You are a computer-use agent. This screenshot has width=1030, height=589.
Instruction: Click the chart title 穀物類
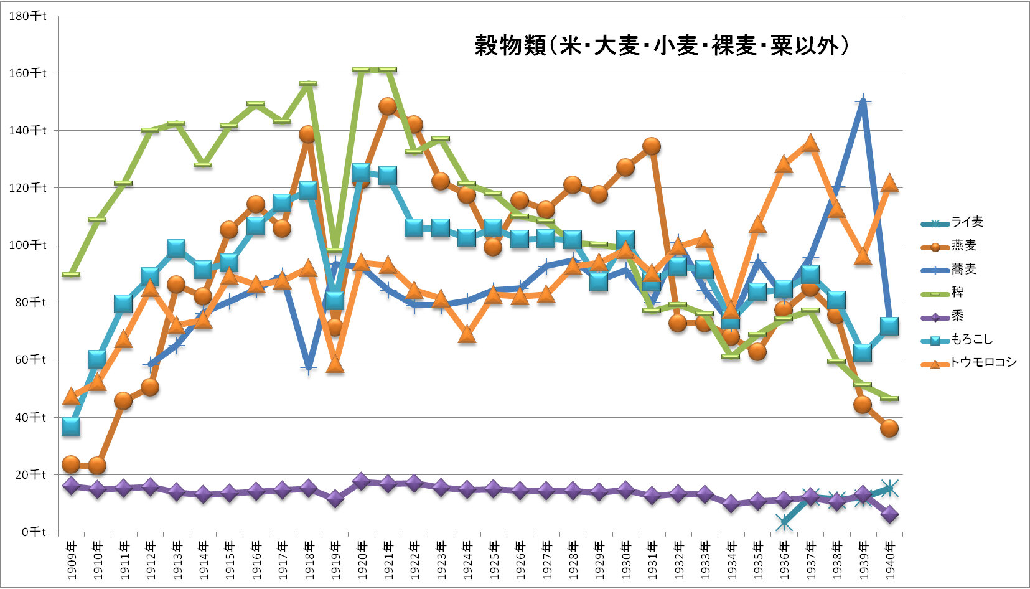tap(661, 45)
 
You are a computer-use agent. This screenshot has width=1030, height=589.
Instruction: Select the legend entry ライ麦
tap(967, 222)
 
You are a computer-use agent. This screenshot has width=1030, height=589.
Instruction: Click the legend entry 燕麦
tap(963, 245)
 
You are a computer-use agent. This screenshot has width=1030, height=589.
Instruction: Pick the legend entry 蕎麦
tap(963, 269)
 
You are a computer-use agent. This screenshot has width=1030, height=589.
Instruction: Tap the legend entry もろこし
tap(971, 339)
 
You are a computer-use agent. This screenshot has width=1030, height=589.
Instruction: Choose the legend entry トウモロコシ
tap(983, 362)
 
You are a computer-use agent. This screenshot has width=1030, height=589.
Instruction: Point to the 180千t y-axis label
tap(28, 16)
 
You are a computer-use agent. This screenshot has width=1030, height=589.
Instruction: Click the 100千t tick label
tap(28, 245)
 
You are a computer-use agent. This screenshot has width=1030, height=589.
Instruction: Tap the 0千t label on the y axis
tap(34, 531)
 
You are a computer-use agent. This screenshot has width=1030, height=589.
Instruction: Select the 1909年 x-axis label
tap(71, 560)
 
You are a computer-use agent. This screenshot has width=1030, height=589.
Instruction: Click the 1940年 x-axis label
tap(889, 560)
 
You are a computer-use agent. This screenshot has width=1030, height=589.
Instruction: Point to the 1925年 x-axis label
tap(493, 560)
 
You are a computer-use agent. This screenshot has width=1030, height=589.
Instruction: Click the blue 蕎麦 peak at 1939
tap(863, 101)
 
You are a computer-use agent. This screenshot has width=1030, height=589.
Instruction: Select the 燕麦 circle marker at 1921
tap(388, 106)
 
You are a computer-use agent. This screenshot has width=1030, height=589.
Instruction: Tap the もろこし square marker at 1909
tap(71, 426)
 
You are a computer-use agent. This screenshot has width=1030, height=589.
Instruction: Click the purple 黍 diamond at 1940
tap(889, 514)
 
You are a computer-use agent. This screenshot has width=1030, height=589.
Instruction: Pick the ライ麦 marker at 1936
tap(784, 523)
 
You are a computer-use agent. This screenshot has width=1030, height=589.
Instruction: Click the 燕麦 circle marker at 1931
tap(652, 146)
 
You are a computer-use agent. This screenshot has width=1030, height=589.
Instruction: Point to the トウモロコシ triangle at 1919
tap(335, 364)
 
